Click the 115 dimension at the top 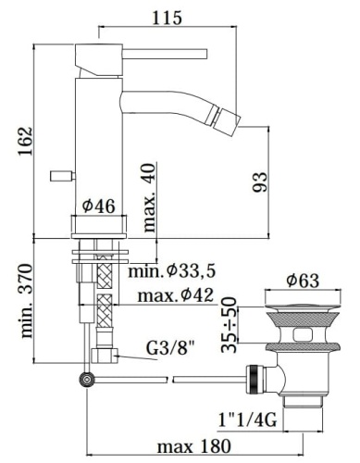(167, 17)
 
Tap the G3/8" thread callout (172, 351)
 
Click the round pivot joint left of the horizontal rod (88, 379)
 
